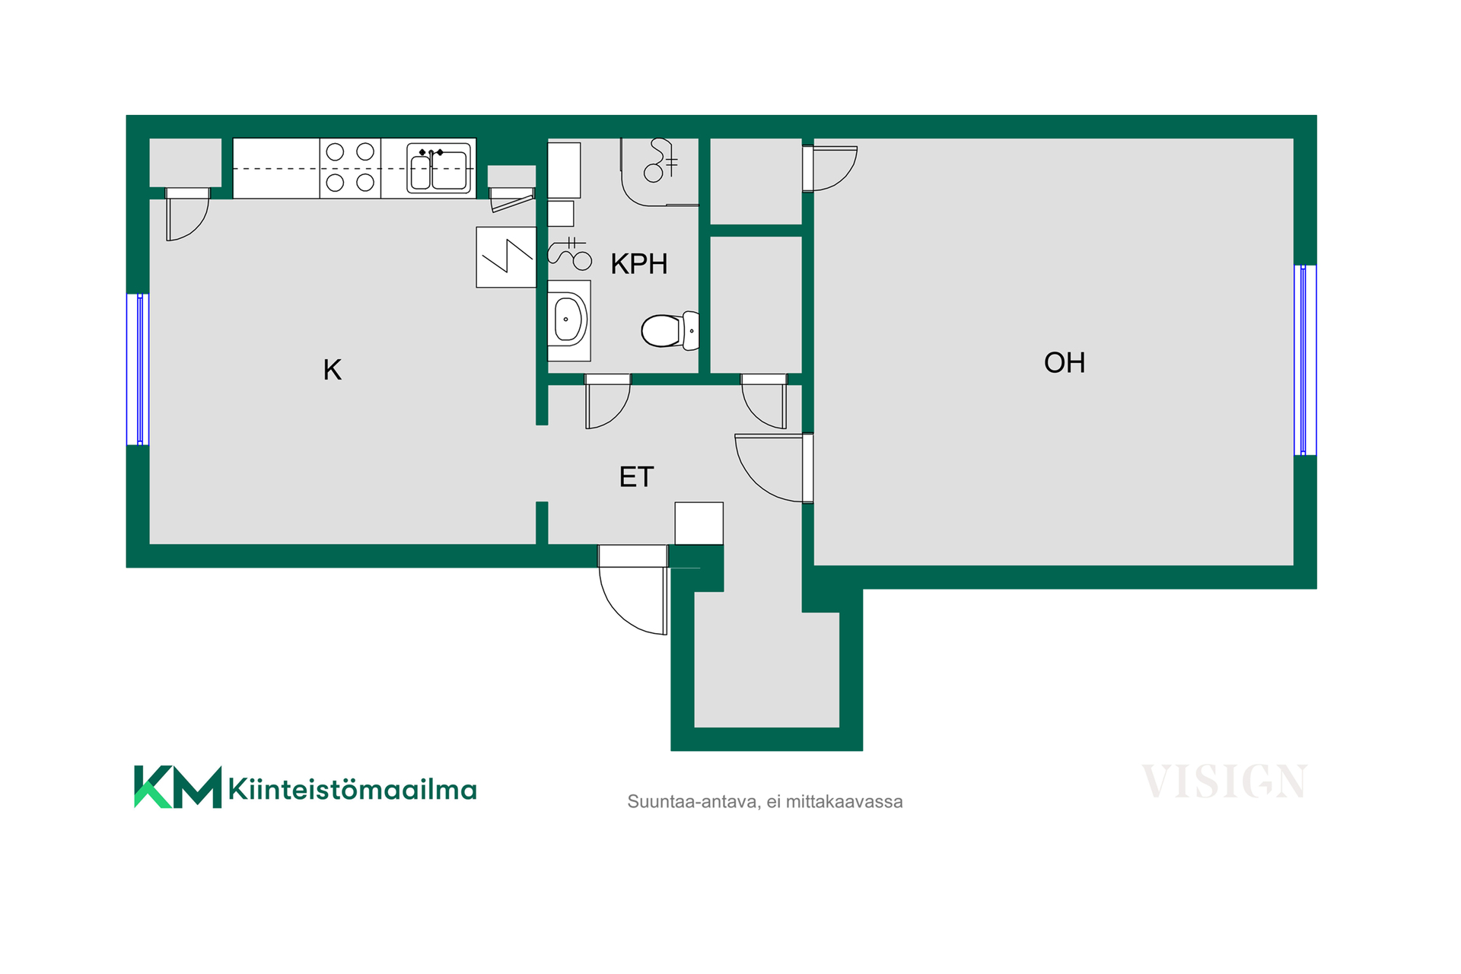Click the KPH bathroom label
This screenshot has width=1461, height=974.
(x=639, y=264)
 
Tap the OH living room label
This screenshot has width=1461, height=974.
(x=1065, y=363)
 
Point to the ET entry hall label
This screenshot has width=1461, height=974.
(x=636, y=477)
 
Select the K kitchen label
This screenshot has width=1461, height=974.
(x=333, y=370)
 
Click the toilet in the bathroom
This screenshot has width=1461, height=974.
(x=670, y=331)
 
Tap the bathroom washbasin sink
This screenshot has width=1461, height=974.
(x=568, y=320)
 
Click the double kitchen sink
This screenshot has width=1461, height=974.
(x=439, y=167)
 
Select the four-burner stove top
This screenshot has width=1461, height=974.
(x=350, y=167)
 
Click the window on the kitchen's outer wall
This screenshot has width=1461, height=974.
(x=138, y=369)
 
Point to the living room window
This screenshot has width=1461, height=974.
(x=1305, y=360)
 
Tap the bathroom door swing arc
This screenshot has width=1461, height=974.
(x=608, y=401)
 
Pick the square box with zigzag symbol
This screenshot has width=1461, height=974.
(x=506, y=257)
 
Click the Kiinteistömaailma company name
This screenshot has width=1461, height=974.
(x=352, y=789)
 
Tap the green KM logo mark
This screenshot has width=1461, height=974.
(x=178, y=787)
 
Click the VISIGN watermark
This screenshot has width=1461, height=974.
(x=1224, y=782)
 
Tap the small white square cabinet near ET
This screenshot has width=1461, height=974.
(x=699, y=524)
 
